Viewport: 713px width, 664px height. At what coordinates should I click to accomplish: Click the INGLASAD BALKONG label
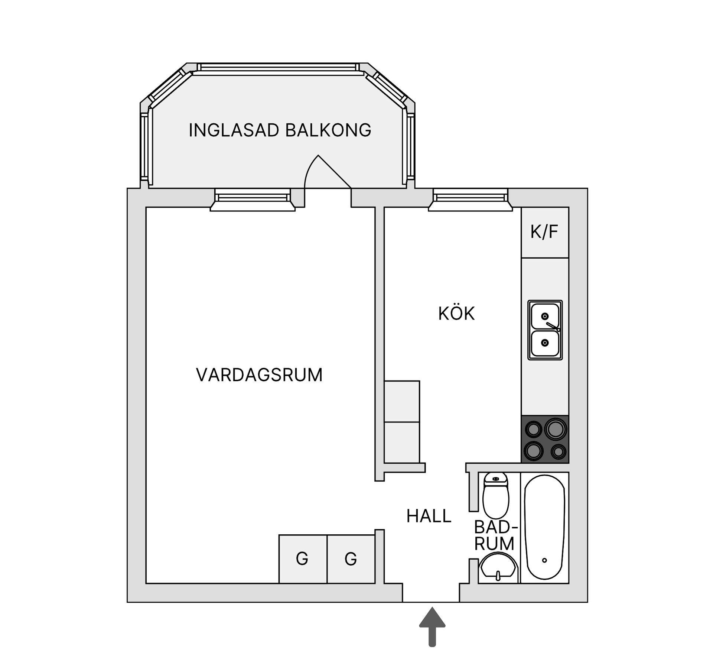point(280,130)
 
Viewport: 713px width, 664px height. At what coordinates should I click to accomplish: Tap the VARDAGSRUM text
point(259,375)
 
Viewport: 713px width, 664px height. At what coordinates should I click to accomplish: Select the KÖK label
point(456,314)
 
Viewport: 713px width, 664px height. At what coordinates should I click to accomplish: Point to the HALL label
point(429,516)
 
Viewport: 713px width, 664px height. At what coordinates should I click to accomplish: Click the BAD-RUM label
point(495,536)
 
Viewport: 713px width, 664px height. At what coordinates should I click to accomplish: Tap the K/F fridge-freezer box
point(544,232)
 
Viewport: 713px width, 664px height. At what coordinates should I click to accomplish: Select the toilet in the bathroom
point(496,496)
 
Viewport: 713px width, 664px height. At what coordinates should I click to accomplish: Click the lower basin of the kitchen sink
point(544,343)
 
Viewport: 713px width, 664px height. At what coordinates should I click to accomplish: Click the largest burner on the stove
point(556,429)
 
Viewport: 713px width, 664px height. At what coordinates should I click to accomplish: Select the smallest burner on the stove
point(558,452)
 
